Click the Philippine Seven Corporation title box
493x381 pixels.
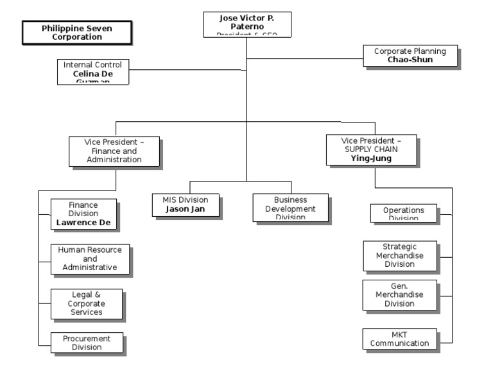77,33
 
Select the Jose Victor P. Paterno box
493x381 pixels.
247,24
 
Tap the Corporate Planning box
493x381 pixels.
410,56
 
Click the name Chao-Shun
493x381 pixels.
410,60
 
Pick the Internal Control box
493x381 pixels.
92,71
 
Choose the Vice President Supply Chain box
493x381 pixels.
371,149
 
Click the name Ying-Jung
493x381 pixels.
371,158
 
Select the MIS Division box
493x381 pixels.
185,205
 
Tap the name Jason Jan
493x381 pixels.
185,209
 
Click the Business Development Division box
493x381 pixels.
290,208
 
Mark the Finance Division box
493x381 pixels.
83,214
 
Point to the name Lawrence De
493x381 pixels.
83,223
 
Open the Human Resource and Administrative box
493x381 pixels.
90,258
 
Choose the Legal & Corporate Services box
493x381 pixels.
87,303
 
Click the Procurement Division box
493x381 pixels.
87,343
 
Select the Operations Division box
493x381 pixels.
403,213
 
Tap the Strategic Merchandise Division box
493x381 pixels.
399,255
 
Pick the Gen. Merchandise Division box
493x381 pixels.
399,295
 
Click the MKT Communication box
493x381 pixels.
399,339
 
